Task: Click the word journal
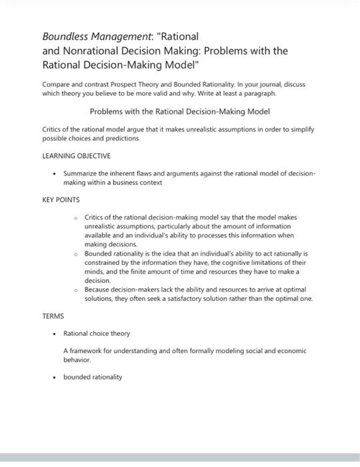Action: tap(271, 85)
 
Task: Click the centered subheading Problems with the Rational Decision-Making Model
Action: tap(179, 111)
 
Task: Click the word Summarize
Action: tap(82, 173)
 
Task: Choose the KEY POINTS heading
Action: tap(61, 199)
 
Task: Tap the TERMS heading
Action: tap(53, 317)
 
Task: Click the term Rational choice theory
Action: tap(97, 333)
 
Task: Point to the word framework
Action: tap(91, 350)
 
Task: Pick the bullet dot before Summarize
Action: tap(53, 173)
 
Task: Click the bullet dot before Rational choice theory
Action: tap(53, 333)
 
